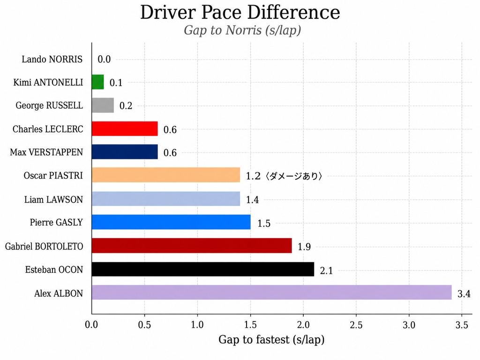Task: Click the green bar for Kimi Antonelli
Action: point(98,82)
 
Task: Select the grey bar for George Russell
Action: point(103,105)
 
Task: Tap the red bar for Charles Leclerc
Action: point(125,128)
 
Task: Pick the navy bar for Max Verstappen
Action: point(125,152)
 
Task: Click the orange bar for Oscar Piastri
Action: point(166,175)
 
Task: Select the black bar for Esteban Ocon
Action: point(203,269)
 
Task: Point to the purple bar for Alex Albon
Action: point(272,292)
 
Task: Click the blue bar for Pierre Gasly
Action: point(171,222)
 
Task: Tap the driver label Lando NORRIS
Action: point(52,59)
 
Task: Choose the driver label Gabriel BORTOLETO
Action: point(44,247)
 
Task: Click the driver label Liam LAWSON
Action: point(53,200)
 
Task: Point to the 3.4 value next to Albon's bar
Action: point(464,294)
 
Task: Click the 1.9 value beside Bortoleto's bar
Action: point(304,247)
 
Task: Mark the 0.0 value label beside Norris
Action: point(104,59)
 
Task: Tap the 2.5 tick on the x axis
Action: point(356,324)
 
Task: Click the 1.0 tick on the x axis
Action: point(197,324)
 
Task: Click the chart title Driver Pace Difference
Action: point(240,12)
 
